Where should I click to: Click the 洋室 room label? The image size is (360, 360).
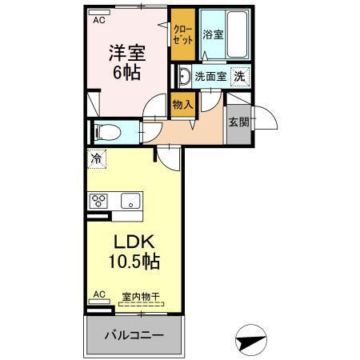coord(126,52)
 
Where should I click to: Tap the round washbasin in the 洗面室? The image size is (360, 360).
coord(183,78)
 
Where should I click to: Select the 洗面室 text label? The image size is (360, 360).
coord(210,78)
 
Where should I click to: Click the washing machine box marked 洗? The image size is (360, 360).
coord(238,77)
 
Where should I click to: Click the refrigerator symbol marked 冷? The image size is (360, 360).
coord(95,158)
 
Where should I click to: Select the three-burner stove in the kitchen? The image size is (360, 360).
coord(100,200)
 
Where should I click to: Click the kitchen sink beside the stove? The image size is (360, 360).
coord(126,200)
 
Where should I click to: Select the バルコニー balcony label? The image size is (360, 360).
coord(134,335)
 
